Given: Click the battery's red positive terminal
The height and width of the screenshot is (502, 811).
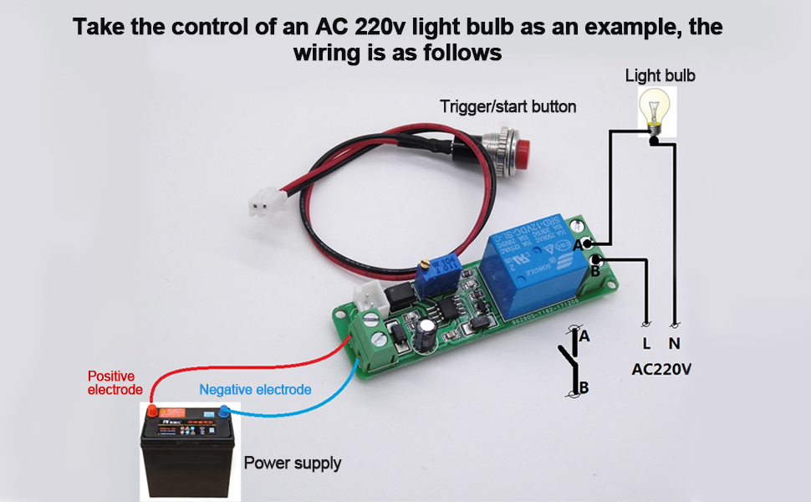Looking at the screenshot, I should pos(153,410).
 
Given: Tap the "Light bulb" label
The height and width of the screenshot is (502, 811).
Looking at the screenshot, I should pos(660,76).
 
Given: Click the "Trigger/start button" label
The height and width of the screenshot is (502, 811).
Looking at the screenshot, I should pos(508,107).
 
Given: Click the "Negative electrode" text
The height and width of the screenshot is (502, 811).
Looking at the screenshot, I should pos(255,390).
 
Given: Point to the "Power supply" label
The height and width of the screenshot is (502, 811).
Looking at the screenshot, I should pos(292,463).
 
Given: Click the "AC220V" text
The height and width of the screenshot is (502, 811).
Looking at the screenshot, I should pos(661,369).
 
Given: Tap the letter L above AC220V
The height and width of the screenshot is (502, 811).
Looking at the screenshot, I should pos(646,344).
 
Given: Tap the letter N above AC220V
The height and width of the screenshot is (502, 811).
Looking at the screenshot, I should pos(674,344).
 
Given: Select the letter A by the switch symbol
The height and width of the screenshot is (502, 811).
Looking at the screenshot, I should pos(585,336).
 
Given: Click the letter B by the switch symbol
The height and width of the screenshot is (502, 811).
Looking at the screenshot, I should pos(585,387).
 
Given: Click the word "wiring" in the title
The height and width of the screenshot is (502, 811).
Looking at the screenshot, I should pos(329,53).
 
